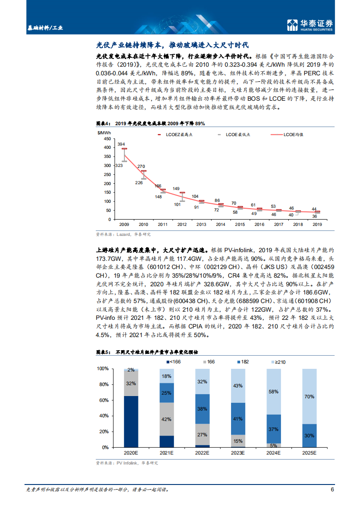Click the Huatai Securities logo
pos(310,25)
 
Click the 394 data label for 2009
pos(121,144)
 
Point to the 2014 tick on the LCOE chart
pos(220,225)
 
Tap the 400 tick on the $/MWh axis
pos(107,147)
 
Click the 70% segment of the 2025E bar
pos(310,396)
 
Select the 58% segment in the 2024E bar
pos(274,392)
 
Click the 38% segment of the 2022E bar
pos(202,408)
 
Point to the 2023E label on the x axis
pos(238,453)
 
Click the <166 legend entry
pos(173,361)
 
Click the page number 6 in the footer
pos(332,489)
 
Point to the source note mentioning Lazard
pos(123,235)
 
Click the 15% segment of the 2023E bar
pos(238,441)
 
